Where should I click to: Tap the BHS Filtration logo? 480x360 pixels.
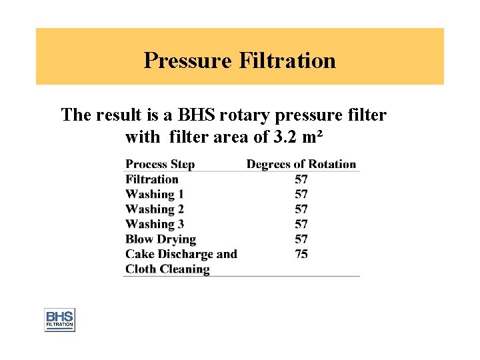[x=59, y=320]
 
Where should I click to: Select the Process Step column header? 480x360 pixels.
[x=160, y=164]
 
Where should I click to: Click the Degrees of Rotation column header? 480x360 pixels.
[x=301, y=164]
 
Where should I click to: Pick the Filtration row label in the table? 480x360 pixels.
[x=152, y=179]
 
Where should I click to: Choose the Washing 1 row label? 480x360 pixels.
[x=155, y=194]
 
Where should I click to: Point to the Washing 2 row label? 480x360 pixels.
[x=155, y=209]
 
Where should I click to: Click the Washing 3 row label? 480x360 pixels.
[x=155, y=224]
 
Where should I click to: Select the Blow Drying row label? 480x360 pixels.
[x=161, y=239]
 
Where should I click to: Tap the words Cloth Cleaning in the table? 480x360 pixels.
[x=167, y=269]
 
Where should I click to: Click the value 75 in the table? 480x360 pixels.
[x=301, y=254]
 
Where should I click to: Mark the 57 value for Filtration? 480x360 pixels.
[x=301, y=179]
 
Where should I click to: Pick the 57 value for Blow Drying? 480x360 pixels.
[x=301, y=239]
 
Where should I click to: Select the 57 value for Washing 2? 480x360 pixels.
[x=301, y=209]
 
